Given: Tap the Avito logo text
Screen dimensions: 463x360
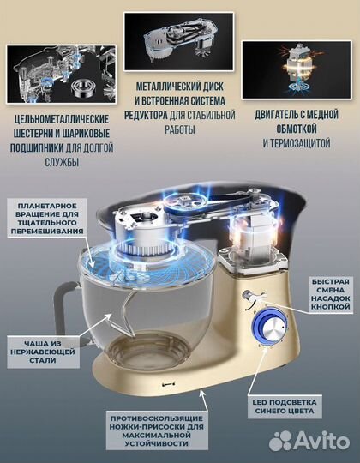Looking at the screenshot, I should tap(318, 442).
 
